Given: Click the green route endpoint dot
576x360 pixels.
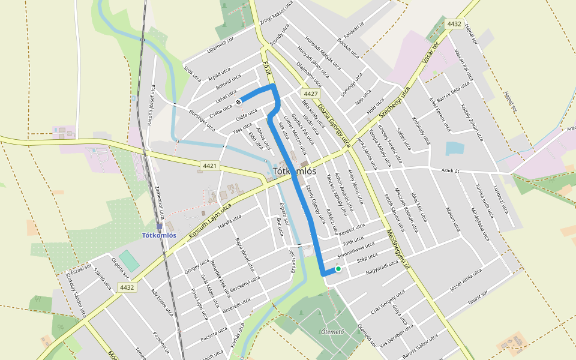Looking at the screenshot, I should click(x=338, y=269).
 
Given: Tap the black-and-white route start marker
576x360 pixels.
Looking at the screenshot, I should click(x=239, y=101).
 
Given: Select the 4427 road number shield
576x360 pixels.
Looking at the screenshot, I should click(x=310, y=94).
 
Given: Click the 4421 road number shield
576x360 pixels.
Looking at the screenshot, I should click(x=210, y=166).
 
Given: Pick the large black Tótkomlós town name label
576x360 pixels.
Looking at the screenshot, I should click(x=294, y=171).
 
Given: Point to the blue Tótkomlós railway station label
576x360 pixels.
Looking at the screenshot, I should click(x=159, y=235).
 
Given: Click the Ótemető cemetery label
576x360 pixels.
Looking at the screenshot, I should click(x=332, y=332).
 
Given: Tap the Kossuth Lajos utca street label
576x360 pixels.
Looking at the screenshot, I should click(x=210, y=221).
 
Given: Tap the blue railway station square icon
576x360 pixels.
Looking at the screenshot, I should click(x=160, y=226).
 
